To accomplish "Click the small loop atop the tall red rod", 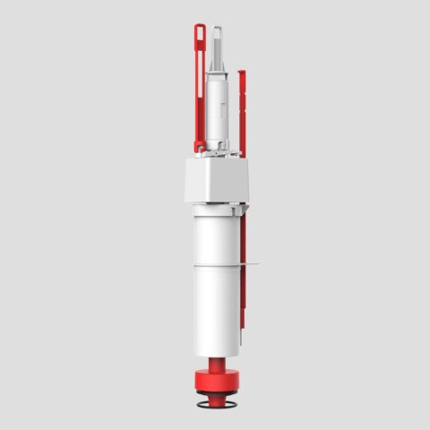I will click(x=200, y=30).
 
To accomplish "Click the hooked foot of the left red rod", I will click(x=198, y=145).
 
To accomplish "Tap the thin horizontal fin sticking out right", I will click(x=252, y=264).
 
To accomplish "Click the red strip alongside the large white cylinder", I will click(x=242, y=287).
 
